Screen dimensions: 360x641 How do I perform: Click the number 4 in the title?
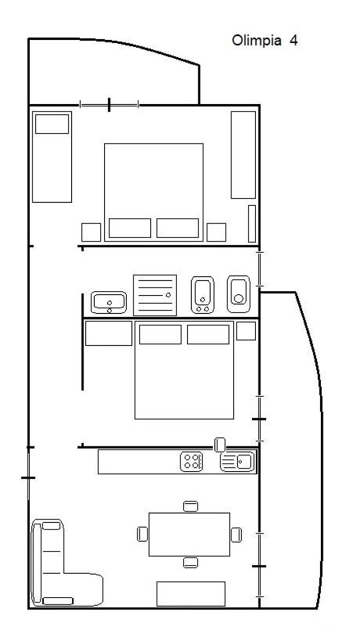click(293, 41)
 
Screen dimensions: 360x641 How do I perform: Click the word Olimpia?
click(257, 41)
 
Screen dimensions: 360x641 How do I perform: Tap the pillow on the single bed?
click(52, 124)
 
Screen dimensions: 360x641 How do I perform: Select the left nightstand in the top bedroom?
click(91, 232)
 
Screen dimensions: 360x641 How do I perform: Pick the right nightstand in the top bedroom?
click(216, 232)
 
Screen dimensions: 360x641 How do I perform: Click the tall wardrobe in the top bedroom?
click(243, 155)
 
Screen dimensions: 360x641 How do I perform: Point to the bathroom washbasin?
click(109, 303)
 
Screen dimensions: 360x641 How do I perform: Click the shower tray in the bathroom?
click(155, 295)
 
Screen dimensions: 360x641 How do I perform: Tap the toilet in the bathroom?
click(239, 294)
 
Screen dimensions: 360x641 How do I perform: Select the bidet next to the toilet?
click(203, 295)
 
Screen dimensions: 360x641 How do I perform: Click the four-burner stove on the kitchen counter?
click(191, 462)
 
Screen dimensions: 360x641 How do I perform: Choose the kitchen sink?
click(237, 462)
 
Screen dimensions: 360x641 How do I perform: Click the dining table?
click(189, 535)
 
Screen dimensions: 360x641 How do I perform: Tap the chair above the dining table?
click(190, 506)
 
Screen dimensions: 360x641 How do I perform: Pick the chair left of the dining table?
click(142, 535)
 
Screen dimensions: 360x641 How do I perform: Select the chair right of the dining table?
click(236, 535)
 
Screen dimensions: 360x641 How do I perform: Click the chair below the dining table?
click(190, 563)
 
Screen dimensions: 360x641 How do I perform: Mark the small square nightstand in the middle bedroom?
click(246, 331)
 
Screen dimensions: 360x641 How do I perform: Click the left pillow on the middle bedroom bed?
click(160, 334)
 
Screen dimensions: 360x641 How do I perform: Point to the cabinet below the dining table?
click(191, 593)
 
